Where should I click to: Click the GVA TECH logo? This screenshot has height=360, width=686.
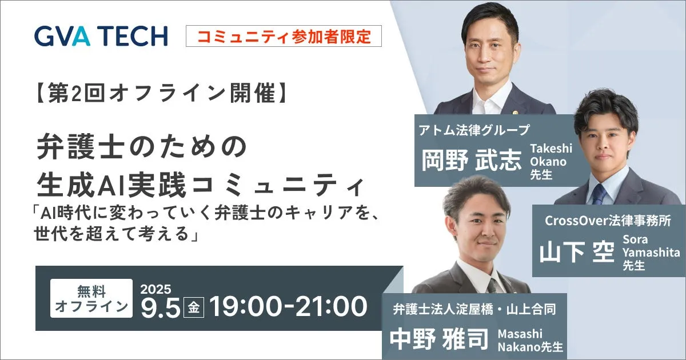pyautogui.click(x=101, y=36)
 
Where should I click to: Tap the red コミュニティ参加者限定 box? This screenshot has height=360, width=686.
pyautogui.click(x=284, y=36)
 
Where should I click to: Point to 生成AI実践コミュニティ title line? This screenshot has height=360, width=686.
pyautogui.click(x=201, y=185)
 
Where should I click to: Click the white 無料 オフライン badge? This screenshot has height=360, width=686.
pyautogui.click(x=91, y=298)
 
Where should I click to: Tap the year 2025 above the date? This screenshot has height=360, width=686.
pyautogui.click(x=155, y=289)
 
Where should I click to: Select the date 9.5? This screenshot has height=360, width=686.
pyautogui.click(x=160, y=307)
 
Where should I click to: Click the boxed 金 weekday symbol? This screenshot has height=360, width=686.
pyautogui.click(x=194, y=307)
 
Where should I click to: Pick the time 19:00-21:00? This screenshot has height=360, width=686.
pyautogui.click(x=288, y=307)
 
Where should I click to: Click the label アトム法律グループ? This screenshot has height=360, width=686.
pyautogui.click(x=474, y=130)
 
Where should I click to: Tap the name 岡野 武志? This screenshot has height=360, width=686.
pyautogui.click(x=471, y=161)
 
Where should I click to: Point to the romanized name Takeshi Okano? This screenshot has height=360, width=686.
pyautogui.click(x=551, y=155)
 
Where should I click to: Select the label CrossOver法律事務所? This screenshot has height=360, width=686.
pyautogui.click(x=608, y=221)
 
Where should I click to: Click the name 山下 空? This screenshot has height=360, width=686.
pyautogui.click(x=577, y=253)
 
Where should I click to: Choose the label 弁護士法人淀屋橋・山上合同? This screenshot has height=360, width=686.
pyautogui.click(x=474, y=309)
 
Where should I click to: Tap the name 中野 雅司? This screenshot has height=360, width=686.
pyautogui.click(x=439, y=339)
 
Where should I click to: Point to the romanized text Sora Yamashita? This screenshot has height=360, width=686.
pyautogui.click(x=651, y=246)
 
